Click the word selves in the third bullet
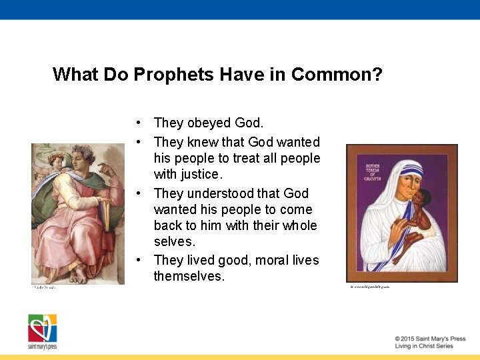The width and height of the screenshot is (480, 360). pos(174,241)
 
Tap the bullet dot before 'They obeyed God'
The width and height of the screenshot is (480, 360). pos(137,123)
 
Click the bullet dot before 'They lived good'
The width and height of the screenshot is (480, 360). pos(137,261)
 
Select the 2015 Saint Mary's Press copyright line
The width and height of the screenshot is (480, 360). pos(429,339)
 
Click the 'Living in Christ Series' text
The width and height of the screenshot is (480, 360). pos(423,346)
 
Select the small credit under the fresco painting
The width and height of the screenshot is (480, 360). pos(45,288)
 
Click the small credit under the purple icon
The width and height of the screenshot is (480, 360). pos(369,287)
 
